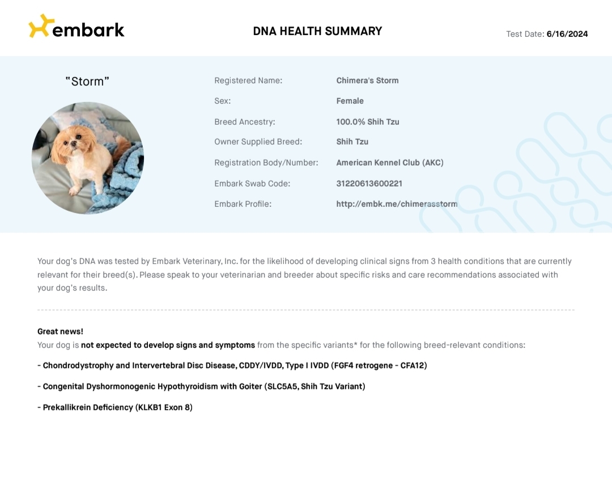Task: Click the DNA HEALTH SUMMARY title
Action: pyautogui.click(x=317, y=31)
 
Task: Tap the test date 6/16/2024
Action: pyautogui.click(x=567, y=34)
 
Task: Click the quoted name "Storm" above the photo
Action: pyautogui.click(x=87, y=82)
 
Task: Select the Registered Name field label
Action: pyautogui.click(x=248, y=80)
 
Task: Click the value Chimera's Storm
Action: pyautogui.click(x=367, y=80)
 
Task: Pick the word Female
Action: pyautogui.click(x=350, y=101)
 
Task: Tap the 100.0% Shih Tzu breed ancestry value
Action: pyautogui.click(x=367, y=122)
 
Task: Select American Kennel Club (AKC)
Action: pyautogui.click(x=390, y=163)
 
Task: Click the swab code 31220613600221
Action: pyautogui.click(x=369, y=184)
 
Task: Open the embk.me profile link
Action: pyautogui.click(x=397, y=204)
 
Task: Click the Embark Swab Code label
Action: pyautogui.click(x=252, y=184)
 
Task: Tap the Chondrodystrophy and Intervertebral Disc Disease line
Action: pyautogui.click(x=232, y=366)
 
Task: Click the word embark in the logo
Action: pyautogui.click(x=88, y=29)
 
